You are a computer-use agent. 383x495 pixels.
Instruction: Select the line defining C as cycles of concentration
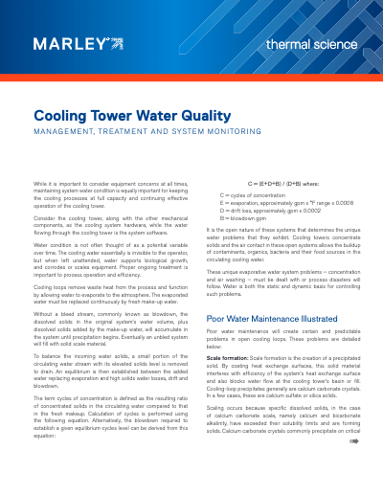255,193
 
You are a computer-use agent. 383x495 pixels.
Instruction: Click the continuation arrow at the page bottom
352,470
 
